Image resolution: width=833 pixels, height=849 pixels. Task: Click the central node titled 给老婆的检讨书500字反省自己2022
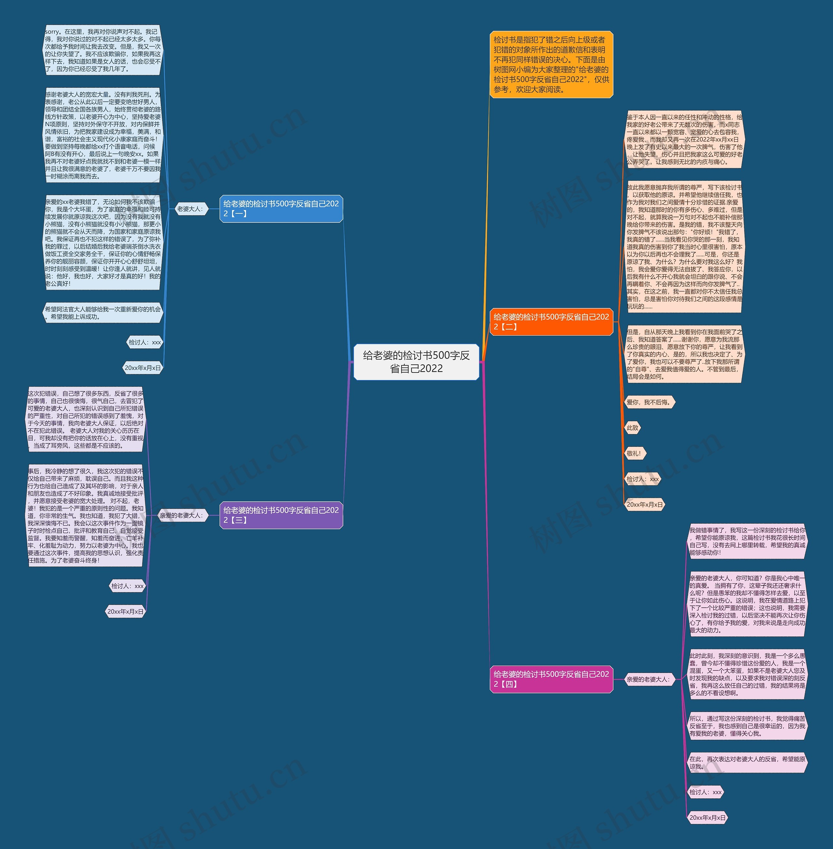click(x=416, y=362)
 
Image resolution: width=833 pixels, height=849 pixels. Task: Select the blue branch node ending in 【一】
click(x=281, y=209)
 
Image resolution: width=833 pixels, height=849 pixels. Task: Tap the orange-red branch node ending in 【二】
click(x=551, y=321)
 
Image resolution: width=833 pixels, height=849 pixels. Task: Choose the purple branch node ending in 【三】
click(x=281, y=515)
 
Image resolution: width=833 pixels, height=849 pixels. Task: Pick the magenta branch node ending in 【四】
click(x=551, y=679)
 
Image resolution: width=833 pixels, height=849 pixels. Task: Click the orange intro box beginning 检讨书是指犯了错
click(x=551, y=64)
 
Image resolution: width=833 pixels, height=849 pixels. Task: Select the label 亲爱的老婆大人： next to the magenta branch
click(x=648, y=679)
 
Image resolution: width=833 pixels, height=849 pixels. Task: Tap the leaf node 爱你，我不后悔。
click(x=649, y=402)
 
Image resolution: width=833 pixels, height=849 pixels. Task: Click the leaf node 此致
click(x=633, y=428)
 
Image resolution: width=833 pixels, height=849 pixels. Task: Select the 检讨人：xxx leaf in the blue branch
click(x=144, y=342)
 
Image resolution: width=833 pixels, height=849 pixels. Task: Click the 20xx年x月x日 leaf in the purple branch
click(x=126, y=612)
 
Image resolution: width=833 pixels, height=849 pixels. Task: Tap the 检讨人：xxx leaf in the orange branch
click(x=642, y=479)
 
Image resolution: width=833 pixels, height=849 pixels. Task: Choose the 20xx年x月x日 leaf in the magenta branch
click(x=707, y=817)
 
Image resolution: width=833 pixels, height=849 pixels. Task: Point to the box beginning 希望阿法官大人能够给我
click(x=103, y=313)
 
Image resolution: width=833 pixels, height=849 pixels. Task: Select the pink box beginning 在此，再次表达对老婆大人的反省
click(x=747, y=762)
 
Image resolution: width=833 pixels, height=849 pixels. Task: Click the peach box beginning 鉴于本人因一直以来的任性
click(x=684, y=139)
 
